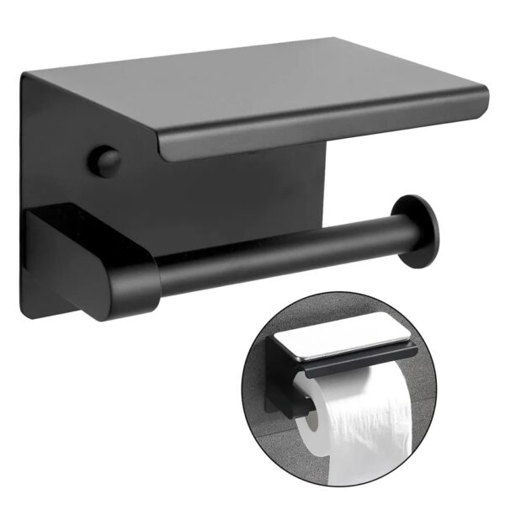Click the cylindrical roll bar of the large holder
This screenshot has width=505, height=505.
click(x=278, y=252)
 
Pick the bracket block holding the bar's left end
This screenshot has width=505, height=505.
click(x=84, y=252)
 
